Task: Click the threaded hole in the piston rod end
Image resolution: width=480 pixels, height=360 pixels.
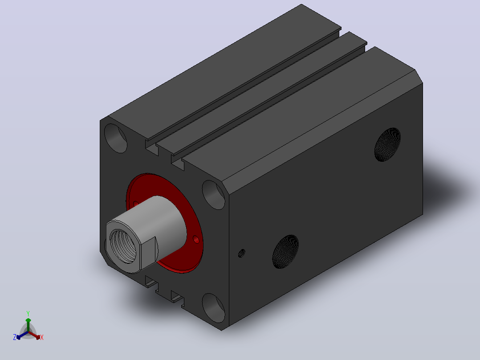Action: (123, 246)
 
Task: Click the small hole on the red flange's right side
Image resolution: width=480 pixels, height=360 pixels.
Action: (196, 239)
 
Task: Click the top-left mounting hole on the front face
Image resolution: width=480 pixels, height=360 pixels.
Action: (115, 138)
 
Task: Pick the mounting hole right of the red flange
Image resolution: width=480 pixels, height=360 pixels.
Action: (214, 195)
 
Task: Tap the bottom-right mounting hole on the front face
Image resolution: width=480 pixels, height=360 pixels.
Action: (214, 308)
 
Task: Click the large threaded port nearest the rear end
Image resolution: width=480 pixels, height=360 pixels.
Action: (387, 145)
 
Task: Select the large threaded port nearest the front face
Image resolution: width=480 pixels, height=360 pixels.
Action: (285, 252)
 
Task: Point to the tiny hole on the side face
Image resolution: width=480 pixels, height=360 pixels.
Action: (241, 254)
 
